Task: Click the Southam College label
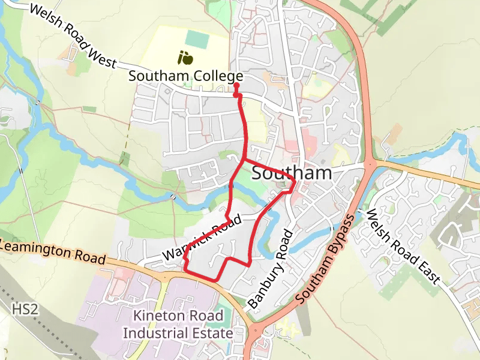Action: click(185, 76)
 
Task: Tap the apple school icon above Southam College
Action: click(185, 58)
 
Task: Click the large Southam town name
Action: click(292, 173)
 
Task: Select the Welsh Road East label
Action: click(403, 247)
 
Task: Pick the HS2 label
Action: click(25, 310)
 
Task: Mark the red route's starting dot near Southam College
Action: click(236, 86)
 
